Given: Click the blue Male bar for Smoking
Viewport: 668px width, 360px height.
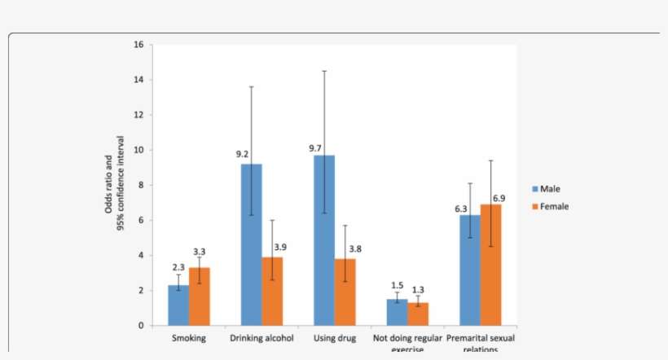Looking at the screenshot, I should (x=178, y=305).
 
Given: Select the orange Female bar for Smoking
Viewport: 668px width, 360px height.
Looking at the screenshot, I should (x=200, y=296).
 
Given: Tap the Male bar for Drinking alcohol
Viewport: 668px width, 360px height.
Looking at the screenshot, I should (x=251, y=244).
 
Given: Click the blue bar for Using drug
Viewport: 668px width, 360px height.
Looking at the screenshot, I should (x=324, y=240).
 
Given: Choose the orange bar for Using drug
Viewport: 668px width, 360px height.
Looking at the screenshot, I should (x=345, y=292).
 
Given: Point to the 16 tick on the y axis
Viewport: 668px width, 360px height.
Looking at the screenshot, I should (x=139, y=45).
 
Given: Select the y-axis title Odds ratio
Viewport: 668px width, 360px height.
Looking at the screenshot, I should (x=113, y=186).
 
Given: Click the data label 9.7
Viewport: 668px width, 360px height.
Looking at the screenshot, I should (x=316, y=148).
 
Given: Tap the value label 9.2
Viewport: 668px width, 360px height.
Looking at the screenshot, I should (x=243, y=153).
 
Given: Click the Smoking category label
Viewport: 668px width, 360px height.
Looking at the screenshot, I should (x=188, y=338).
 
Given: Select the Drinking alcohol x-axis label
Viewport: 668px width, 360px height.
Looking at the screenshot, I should (x=261, y=338).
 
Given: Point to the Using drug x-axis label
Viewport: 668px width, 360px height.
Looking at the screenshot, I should (x=335, y=338).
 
